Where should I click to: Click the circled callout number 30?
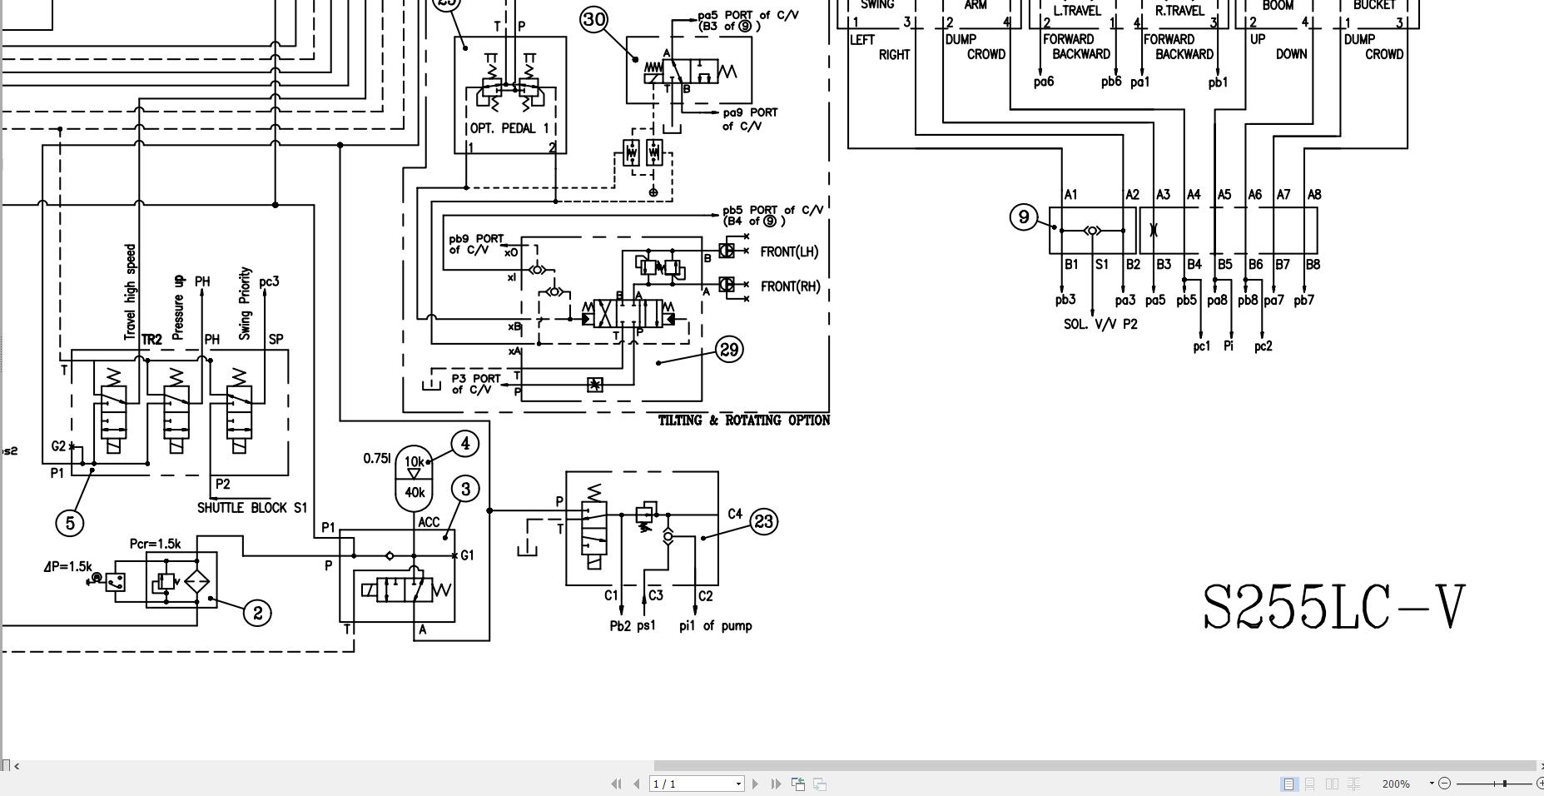(x=593, y=19)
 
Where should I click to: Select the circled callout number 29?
(x=729, y=350)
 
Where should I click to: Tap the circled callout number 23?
(x=763, y=522)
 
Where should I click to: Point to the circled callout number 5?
(x=70, y=523)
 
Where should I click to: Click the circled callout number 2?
(x=258, y=613)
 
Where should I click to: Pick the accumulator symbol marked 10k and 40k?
(x=414, y=477)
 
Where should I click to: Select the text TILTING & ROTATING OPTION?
(x=743, y=420)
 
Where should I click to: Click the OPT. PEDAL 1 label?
(x=509, y=128)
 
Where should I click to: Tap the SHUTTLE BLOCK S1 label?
(x=252, y=508)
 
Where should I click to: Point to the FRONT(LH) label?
(x=789, y=251)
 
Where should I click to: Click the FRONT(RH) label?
(x=790, y=286)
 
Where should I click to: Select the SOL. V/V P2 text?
(x=1100, y=325)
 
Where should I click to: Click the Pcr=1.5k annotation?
(x=155, y=544)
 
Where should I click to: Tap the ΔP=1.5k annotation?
(x=67, y=567)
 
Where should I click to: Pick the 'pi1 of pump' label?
(x=715, y=626)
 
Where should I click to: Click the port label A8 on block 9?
(x=1313, y=195)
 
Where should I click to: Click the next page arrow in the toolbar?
(x=755, y=784)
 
